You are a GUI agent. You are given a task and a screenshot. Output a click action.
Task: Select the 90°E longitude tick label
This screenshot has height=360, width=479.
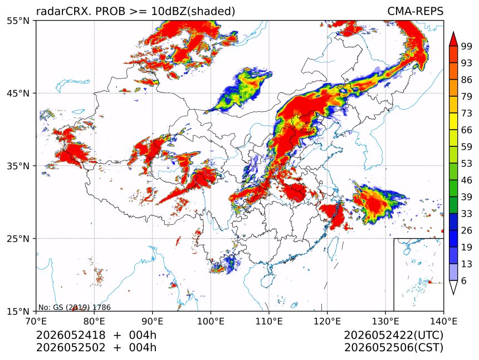153,321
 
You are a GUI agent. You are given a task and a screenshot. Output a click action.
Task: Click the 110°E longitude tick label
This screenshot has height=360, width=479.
269,321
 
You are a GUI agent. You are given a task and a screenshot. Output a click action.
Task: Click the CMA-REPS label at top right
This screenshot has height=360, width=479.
415,11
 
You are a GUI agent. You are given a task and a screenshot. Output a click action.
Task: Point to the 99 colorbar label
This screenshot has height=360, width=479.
467,46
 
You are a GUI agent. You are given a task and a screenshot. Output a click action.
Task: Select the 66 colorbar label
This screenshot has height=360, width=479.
467,130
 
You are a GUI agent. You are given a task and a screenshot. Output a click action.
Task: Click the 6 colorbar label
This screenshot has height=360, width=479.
464,280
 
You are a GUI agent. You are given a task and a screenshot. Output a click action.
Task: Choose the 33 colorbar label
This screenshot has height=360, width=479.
467,214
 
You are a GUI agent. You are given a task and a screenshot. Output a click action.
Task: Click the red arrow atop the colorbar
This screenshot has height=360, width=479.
453,39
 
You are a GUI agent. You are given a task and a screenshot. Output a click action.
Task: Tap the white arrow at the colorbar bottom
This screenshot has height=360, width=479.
453,288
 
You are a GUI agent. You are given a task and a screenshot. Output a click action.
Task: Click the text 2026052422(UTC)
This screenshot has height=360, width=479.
393,335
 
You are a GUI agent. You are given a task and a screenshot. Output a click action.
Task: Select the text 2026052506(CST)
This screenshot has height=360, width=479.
393,348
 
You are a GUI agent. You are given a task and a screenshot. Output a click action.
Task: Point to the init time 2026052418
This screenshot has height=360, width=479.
71,335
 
